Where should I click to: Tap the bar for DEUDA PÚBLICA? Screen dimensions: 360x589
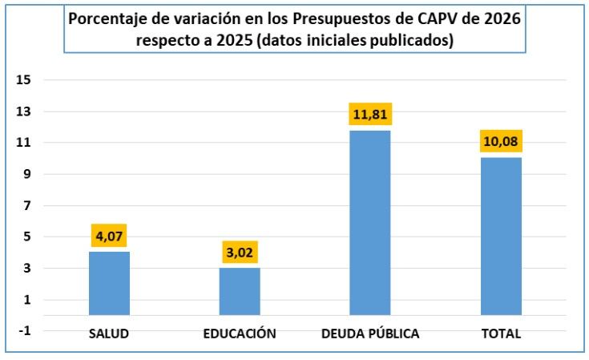[x=370, y=222]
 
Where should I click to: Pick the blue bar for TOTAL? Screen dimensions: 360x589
[x=501, y=236]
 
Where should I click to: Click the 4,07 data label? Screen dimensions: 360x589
[x=109, y=237]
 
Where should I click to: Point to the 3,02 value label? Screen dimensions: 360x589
[x=240, y=253]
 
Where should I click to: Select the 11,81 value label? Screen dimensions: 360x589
[x=370, y=115]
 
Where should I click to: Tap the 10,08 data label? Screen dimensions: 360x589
[x=501, y=143]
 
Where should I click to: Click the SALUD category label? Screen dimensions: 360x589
[x=109, y=334]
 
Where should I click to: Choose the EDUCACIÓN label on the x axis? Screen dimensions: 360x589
[x=240, y=334]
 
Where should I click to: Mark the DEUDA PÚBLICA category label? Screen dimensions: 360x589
[x=370, y=334]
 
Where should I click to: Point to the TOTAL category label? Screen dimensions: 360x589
[x=502, y=334]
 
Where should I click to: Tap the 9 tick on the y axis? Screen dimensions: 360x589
[x=26, y=174]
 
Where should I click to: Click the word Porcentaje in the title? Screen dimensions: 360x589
[x=107, y=19]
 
